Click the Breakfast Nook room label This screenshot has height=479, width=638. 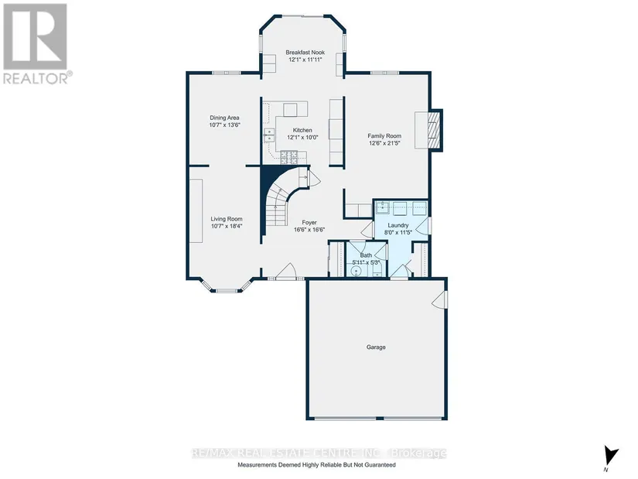(x=305, y=53)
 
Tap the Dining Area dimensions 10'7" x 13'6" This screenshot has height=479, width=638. (x=224, y=125)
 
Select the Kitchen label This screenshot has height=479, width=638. (x=302, y=130)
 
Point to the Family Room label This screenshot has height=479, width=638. (x=384, y=136)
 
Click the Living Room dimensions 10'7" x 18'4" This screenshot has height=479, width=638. (x=227, y=226)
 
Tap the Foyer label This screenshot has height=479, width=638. (x=309, y=222)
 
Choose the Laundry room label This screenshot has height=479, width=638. (x=398, y=225)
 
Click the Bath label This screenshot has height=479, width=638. (x=366, y=255)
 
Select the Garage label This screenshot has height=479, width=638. (x=376, y=347)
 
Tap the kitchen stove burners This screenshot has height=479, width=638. (x=289, y=156)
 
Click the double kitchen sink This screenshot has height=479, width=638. (x=268, y=135)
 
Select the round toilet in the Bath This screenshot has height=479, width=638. (x=357, y=271)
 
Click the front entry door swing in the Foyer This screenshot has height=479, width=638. (x=285, y=272)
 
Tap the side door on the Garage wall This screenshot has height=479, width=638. (x=440, y=299)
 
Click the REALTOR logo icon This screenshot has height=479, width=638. (x=35, y=36)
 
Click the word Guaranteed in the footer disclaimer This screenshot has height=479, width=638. (x=379, y=465)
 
